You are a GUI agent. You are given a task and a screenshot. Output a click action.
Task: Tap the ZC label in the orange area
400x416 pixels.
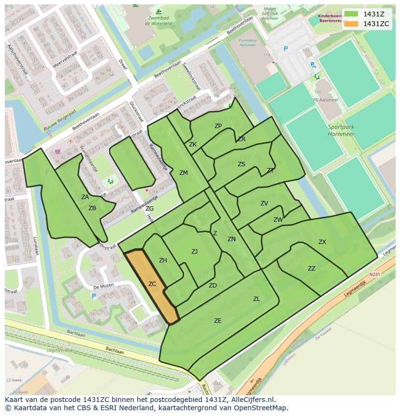tap(152, 284)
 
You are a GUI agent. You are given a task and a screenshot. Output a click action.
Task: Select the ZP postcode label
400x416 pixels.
tap(218, 126)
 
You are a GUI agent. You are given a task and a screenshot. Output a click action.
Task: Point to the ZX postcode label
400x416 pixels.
tap(322, 242)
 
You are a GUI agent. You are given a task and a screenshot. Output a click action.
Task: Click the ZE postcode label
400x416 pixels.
tap(218, 320)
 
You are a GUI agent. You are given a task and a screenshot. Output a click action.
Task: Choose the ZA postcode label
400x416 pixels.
tap(85, 197)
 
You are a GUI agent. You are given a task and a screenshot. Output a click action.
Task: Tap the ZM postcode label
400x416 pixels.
tap(184, 173)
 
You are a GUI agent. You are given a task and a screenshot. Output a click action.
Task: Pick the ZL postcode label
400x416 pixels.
tap(257, 299)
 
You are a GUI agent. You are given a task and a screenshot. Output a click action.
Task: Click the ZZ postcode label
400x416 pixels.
tap(312, 269)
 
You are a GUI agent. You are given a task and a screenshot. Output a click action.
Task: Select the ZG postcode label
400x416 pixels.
tap(150, 209)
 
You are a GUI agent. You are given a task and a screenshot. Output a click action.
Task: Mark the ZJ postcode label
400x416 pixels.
tap(194, 252)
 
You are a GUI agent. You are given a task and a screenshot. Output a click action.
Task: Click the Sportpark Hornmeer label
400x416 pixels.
tap(341, 130)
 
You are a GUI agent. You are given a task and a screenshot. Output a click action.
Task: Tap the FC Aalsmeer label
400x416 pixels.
tap(323, 100)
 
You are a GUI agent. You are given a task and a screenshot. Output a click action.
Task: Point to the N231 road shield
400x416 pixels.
tap(374, 274)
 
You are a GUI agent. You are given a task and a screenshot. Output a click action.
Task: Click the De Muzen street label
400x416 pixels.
tap(103, 286)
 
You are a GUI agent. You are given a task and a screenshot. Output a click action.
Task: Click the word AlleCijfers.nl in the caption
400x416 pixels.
tap(252, 400)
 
